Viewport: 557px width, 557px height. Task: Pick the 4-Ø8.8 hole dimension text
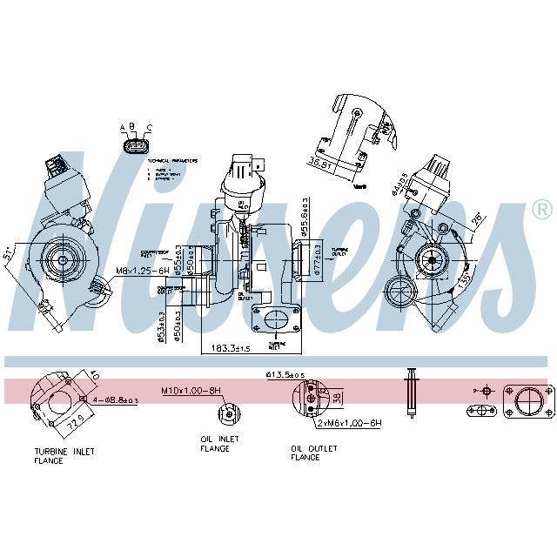tap(115, 400)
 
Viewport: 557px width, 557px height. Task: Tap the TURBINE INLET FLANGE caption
tap(64, 456)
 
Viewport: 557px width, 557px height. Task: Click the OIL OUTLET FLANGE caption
tap(311, 453)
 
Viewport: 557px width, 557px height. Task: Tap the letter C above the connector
tap(149, 128)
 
